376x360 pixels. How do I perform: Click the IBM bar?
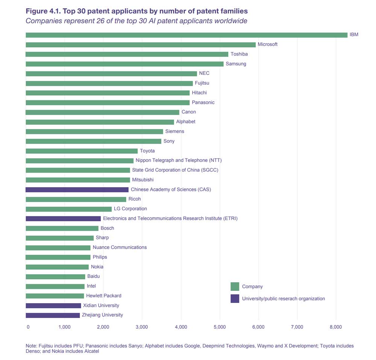pyautogui.click(x=186, y=35)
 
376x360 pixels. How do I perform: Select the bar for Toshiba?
pyautogui.click(x=127, y=54)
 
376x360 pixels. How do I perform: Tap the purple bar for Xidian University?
pyautogui.click(x=53, y=306)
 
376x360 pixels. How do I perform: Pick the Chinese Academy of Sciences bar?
pyautogui.click(x=77, y=189)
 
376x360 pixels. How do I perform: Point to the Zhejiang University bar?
pyautogui.click(x=53, y=315)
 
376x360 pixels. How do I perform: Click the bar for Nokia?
pyautogui.click(x=57, y=267)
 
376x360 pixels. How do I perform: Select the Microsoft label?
pyautogui.click(x=267, y=44)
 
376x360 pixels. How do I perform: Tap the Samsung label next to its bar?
pyautogui.click(x=236, y=64)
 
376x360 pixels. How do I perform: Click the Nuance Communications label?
pyautogui.click(x=120, y=247)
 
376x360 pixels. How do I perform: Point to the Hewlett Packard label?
pyautogui.click(x=104, y=296)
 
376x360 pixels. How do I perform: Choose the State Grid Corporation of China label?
pyautogui.click(x=175, y=170)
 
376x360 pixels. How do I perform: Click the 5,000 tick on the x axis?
pyautogui.click(x=220, y=327)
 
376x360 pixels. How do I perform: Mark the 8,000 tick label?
pyautogui.click(x=335, y=327)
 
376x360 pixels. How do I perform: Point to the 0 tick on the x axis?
pyautogui.click(x=28, y=327)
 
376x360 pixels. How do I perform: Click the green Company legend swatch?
pyautogui.click(x=235, y=286)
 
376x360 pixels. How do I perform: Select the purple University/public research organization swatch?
pyautogui.click(x=235, y=299)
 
